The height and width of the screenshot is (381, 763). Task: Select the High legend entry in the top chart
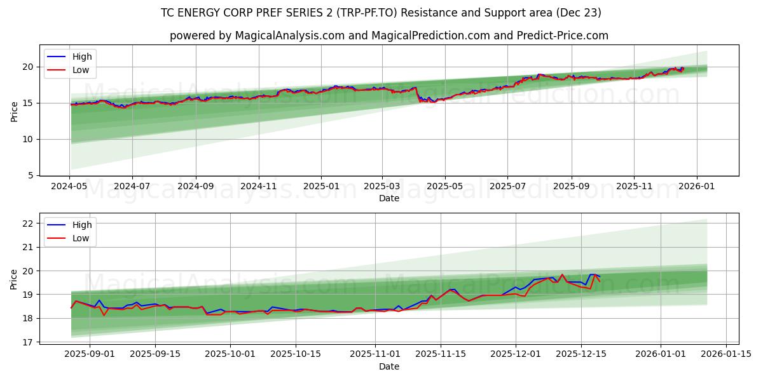coord(82,57)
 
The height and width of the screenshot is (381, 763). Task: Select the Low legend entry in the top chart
coord(81,70)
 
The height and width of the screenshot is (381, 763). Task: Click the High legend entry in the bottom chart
coord(82,225)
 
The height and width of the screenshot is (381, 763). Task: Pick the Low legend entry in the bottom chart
coord(81,238)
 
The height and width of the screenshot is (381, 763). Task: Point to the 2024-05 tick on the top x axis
coord(70,187)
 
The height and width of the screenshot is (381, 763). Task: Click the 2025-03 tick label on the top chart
coord(383,187)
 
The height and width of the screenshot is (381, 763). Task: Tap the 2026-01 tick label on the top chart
coord(696,187)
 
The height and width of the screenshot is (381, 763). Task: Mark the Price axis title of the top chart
coord(14,111)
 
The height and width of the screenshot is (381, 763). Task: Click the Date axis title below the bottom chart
coord(389,366)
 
